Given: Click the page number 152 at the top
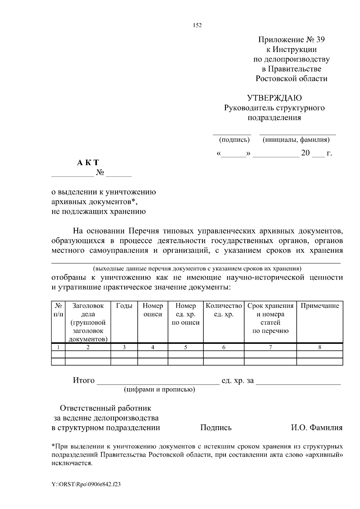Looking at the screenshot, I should point(197,25).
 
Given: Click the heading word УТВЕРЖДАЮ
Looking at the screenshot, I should point(274,98).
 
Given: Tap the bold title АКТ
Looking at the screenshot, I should point(88,163).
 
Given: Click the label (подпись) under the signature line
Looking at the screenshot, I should point(234,140).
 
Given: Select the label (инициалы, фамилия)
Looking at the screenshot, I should point(296,140).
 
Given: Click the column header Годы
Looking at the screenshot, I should point(124,306).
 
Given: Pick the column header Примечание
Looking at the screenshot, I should point(320,306).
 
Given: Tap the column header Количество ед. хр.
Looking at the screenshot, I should point(224,310).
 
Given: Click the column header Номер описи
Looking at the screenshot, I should point(153,310).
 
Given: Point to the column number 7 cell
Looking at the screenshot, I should point(270,347).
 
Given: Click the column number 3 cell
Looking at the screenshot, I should point(124,347).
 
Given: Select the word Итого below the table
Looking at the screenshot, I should point(84,381).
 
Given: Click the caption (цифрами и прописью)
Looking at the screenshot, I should point(159,389).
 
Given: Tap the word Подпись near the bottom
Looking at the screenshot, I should point(216,427).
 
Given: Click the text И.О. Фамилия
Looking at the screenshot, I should point(316,427).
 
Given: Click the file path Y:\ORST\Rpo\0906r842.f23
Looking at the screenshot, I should point(86,484).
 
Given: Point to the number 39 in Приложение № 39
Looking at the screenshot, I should point(320,40).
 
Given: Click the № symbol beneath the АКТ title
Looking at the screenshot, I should point(100,173).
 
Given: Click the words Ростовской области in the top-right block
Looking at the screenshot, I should point(291,79).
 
